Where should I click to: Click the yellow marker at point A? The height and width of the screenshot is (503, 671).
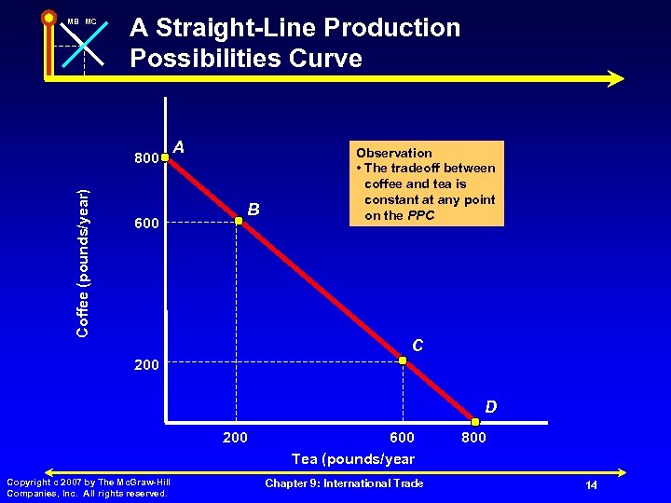click(x=165, y=158)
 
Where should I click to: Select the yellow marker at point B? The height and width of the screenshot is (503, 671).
click(x=239, y=220)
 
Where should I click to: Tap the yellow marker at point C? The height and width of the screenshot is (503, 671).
click(x=403, y=360)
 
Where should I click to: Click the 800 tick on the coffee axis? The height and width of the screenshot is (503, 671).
click(x=144, y=158)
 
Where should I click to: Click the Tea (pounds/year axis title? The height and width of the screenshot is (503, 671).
click(x=353, y=458)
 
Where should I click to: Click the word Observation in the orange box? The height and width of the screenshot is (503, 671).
click(x=394, y=153)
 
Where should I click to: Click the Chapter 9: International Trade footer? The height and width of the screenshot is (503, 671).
click(x=344, y=483)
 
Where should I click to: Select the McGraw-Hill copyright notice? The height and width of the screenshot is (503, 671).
click(x=88, y=487)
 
